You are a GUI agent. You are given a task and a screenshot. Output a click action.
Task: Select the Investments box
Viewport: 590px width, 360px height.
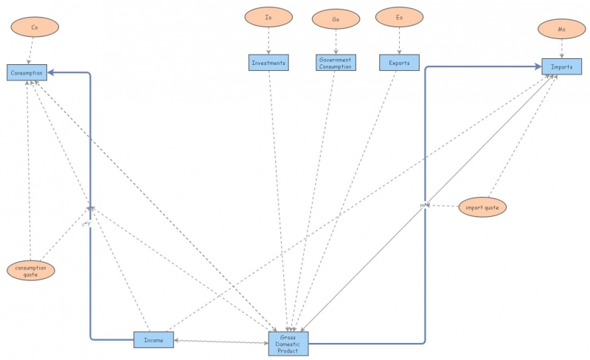tap(268, 63)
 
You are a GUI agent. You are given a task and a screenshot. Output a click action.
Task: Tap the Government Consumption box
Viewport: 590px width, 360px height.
tap(336, 63)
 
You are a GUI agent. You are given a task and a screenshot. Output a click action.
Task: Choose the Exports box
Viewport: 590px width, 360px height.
tap(399, 63)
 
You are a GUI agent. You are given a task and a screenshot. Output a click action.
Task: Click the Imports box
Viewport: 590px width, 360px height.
tap(562, 66)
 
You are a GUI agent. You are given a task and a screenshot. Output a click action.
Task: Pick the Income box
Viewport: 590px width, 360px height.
tap(153, 339)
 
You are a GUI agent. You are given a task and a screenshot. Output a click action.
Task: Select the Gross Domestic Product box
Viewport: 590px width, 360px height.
tap(288, 344)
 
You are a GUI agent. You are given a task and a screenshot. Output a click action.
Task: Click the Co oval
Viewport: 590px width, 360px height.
tap(35, 28)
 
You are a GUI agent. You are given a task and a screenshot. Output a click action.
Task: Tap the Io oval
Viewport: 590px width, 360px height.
tap(268, 16)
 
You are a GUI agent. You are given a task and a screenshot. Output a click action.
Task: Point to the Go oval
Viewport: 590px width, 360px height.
tap(336, 19)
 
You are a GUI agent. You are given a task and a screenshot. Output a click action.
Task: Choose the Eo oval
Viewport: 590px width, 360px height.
tap(399, 16)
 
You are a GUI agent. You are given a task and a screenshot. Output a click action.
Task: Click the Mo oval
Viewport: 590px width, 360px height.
tap(561, 30)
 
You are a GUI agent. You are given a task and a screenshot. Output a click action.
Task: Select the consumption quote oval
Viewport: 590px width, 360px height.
tap(30, 271)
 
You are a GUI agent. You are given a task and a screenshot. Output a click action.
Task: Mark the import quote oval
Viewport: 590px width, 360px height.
tap(482, 207)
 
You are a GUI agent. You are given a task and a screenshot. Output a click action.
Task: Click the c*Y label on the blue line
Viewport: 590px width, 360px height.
tap(86, 223)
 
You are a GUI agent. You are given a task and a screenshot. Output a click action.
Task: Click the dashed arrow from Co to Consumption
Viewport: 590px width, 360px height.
tap(32, 51)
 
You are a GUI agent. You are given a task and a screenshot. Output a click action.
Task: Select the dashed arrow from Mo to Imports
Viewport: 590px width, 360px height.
tap(562, 49)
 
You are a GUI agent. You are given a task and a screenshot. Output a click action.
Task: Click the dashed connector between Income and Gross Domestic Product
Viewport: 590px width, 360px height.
tap(221, 341)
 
